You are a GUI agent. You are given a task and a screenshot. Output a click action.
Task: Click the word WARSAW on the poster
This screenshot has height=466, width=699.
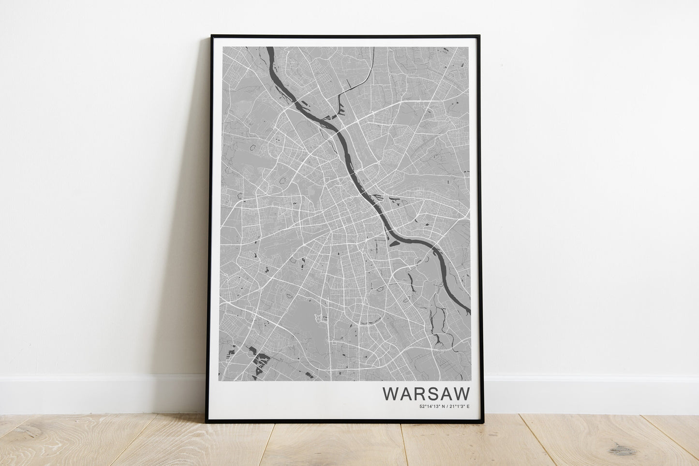(426, 393)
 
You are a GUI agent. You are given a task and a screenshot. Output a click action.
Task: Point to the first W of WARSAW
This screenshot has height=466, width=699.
(390, 393)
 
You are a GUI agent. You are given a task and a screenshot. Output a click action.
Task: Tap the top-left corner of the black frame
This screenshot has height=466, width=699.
(212, 36)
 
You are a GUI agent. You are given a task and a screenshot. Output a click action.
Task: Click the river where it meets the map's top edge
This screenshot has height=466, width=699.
(269, 48)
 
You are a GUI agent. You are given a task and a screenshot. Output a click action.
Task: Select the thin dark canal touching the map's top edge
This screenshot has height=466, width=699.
(372, 48)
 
